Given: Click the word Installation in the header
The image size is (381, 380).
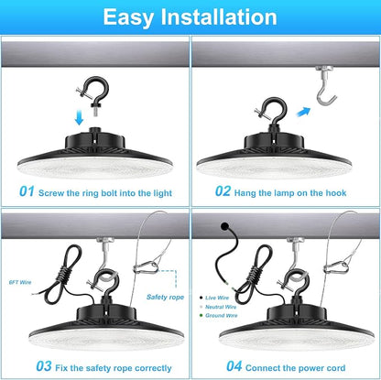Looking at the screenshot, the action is (219, 16).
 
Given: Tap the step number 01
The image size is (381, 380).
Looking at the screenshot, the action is (27, 191).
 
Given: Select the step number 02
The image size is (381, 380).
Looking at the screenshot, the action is (223, 191).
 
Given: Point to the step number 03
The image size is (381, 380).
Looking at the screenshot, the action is (44, 366).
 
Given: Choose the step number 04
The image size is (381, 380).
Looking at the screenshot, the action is (234, 366).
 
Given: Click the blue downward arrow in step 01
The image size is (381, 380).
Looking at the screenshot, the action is (79, 117).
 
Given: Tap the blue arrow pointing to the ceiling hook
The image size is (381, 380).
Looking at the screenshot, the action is (303, 112).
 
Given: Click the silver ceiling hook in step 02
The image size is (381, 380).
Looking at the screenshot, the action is (325, 86).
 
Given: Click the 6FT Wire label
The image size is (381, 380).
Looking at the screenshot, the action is (20, 282).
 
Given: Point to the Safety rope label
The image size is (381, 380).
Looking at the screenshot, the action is (165, 297).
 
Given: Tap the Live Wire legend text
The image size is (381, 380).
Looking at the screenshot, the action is (217, 298).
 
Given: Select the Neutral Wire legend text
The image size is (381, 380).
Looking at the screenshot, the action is (221, 307).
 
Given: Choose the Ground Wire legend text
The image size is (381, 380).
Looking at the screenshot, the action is (222, 315).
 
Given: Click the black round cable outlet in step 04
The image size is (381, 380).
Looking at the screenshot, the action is (225, 226).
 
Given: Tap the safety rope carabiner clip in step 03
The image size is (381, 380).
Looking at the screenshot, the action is (146, 268).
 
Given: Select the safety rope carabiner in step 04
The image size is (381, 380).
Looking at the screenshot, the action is (336, 267).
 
